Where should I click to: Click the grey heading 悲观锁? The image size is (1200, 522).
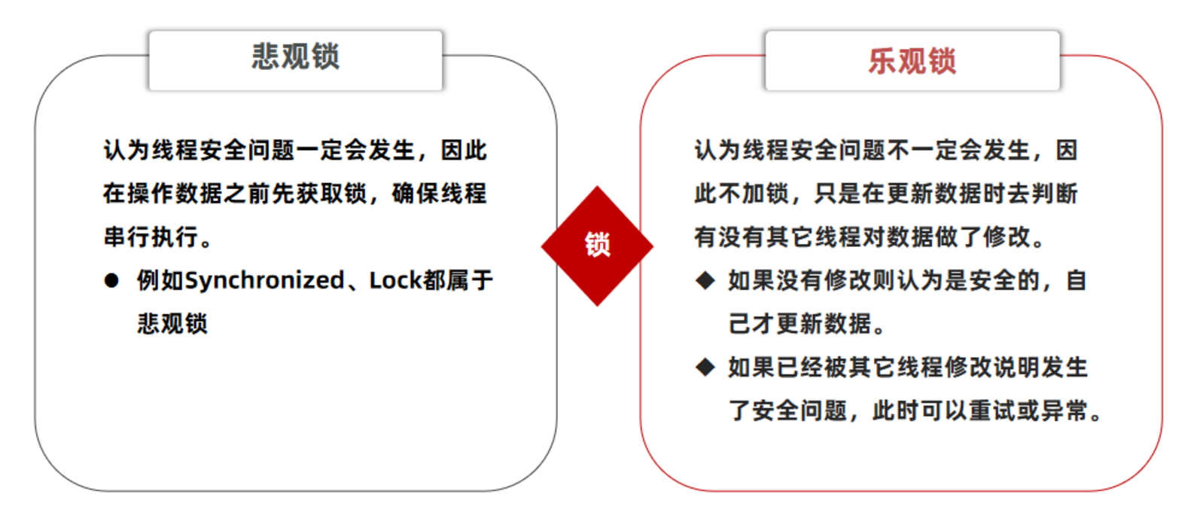click(x=295, y=57)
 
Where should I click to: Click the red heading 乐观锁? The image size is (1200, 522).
click(x=912, y=61)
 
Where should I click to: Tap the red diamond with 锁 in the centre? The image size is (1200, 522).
click(x=597, y=246)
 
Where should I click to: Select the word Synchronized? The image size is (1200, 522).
click(x=264, y=281)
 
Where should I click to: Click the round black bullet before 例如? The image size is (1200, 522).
click(x=112, y=281)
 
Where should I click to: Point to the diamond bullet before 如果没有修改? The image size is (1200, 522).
click(x=705, y=281)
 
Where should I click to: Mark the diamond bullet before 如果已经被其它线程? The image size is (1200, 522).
click(x=705, y=368)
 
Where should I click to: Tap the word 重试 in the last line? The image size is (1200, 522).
click(x=992, y=411)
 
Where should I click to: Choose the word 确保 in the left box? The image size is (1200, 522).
click(x=416, y=194)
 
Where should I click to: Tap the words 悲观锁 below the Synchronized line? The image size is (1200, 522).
click(x=172, y=324)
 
